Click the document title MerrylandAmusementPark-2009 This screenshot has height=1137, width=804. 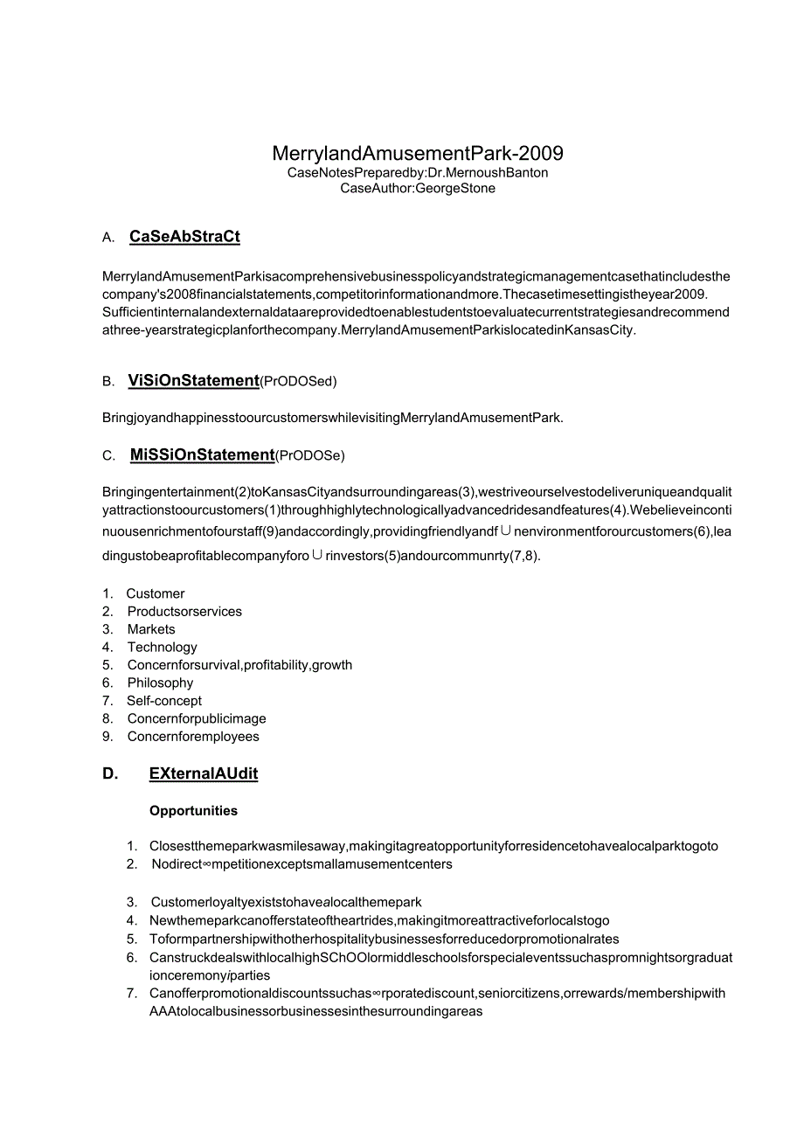click(418, 154)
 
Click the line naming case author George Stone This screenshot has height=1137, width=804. click(418, 188)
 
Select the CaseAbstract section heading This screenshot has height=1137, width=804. click(184, 237)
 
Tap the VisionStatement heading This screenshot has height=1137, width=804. click(193, 380)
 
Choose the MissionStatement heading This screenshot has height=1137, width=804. click(202, 454)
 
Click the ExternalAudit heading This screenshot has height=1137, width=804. click(203, 773)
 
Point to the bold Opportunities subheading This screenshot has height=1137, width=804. click(193, 811)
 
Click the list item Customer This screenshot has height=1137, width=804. click(156, 593)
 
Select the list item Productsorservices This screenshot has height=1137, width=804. click(184, 612)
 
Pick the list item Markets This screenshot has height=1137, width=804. click(151, 629)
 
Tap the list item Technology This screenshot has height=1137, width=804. click(162, 648)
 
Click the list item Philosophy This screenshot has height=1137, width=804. click(160, 683)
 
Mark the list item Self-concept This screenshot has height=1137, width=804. click(164, 701)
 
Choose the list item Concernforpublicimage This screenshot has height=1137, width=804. click(197, 718)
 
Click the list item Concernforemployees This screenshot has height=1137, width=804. click(193, 737)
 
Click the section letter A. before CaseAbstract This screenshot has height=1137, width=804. click(108, 238)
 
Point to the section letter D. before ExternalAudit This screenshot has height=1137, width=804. click(110, 773)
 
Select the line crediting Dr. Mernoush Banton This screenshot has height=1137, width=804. click(418, 172)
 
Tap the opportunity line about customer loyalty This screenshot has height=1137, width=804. click(287, 902)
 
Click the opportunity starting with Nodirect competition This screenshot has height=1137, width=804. click(301, 864)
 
